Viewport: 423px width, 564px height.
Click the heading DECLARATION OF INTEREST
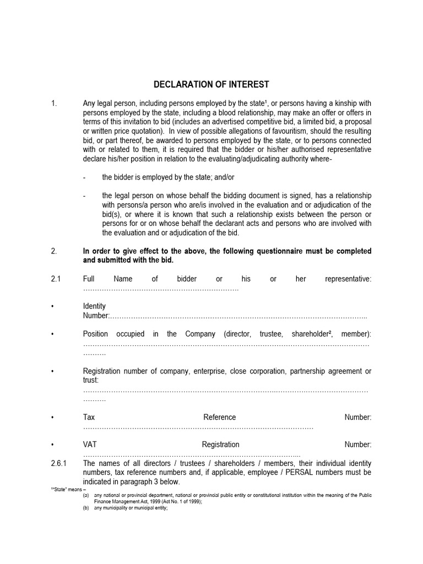tap(211, 84)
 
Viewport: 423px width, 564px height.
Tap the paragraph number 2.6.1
tap(58, 463)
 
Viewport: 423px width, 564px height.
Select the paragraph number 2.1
tap(55, 279)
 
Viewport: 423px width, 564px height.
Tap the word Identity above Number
tap(94, 306)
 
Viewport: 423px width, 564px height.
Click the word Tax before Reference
tap(89, 417)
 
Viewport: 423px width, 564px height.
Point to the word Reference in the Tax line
tap(219, 417)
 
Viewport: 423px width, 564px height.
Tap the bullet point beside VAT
tap(52, 444)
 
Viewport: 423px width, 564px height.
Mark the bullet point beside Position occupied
tap(52, 334)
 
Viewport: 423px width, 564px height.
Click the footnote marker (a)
tap(86, 496)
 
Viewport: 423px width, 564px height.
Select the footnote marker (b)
tap(86, 508)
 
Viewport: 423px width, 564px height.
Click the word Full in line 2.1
tap(89, 279)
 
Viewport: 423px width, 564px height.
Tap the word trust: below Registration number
tap(91, 381)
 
